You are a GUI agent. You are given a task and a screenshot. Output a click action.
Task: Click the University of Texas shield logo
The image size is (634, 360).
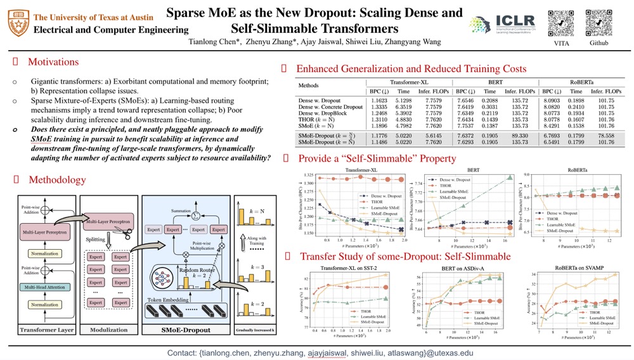coord(17,23)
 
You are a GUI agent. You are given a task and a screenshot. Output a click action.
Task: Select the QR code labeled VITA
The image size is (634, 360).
coord(560,23)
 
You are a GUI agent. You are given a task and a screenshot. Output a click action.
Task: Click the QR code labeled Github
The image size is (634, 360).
coord(598,23)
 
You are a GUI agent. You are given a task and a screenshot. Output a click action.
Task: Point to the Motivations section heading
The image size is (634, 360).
coord(53,62)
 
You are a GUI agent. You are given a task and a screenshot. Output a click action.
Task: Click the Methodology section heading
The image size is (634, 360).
coord(57,180)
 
